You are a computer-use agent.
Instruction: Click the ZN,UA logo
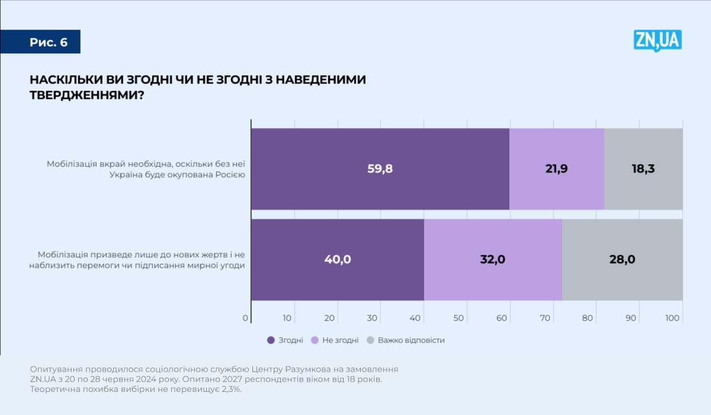[x=657, y=40]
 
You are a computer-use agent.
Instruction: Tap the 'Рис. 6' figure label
[x=49, y=42]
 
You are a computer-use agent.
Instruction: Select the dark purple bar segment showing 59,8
[x=380, y=168]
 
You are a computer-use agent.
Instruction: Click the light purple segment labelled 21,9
[x=556, y=168]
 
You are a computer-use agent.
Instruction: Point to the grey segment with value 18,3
[x=643, y=168]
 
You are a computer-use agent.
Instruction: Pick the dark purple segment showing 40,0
[x=337, y=259]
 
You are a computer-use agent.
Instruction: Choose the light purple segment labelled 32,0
[x=492, y=259]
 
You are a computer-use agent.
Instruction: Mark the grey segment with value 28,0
[x=622, y=259]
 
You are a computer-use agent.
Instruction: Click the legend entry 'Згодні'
[x=286, y=340]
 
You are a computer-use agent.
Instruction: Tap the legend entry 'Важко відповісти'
[x=406, y=340]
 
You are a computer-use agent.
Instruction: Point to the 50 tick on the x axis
[x=459, y=318]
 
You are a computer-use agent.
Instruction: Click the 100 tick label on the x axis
[x=672, y=318]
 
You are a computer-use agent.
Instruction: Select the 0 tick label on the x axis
[x=245, y=318]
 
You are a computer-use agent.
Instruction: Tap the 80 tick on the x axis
[x=588, y=318]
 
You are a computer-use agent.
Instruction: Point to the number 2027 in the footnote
[x=224, y=379]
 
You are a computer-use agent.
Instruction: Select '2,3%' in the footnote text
[x=229, y=390]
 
